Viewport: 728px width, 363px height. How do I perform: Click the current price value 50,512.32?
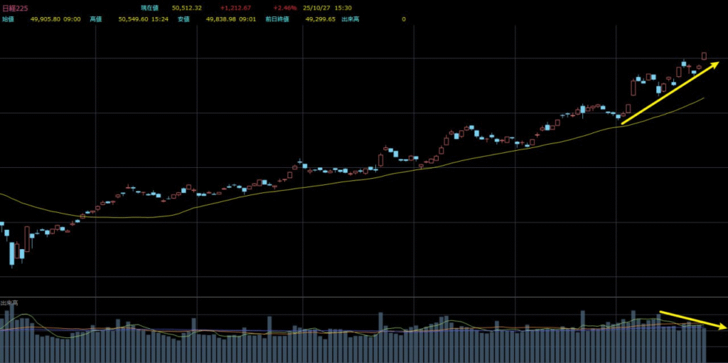pos(187,9)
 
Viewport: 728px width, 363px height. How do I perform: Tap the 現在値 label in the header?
pos(150,9)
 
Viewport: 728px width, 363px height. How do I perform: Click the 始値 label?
pos(8,19)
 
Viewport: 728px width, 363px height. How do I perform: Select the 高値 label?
pos(96,19)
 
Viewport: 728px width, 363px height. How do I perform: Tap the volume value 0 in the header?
pos(404,19)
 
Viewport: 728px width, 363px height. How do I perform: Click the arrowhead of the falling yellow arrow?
pos(722,327)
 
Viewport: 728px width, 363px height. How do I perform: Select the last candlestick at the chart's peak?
pos(704,56)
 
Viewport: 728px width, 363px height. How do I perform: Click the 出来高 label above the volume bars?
pos(9,302)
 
